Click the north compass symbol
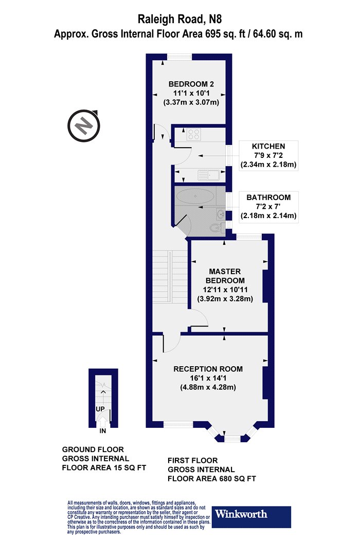[x=83, y=125]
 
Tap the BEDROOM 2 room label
[x=191, y=84]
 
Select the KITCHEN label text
[x=268, y=147]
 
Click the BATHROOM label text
[x=268, y=197]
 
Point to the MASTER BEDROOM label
[x=225, y=276]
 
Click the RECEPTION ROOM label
[x=208, y=369]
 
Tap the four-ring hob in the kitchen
[x=193, y=134]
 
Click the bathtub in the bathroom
[x=195, y=196]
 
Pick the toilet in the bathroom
[x=216, y=228]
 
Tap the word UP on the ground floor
[x=100, y=409]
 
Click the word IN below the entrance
[x=103, y=431]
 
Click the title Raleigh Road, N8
[x=179, y=19]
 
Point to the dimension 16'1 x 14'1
[x=208, y=378]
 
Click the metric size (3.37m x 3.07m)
[x=191, y=102]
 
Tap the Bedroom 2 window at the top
[x=179, y=57]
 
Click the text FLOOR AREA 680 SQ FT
[x=212, y=479]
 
